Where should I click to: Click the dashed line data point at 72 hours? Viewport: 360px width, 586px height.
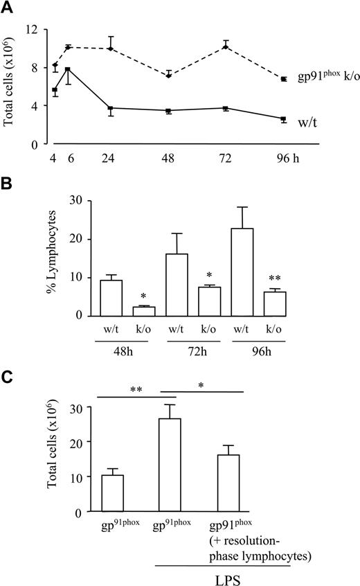pos(226,47)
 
